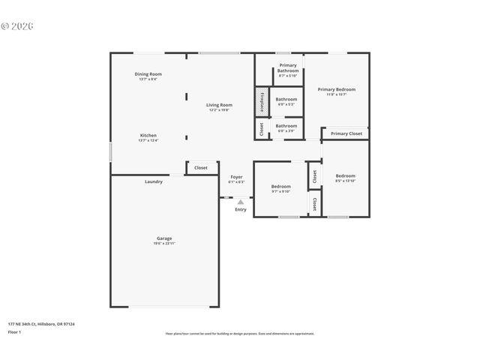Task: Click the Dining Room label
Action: pos(148,74)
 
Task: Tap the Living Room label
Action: pos(219,105)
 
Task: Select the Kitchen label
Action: pos(148,136)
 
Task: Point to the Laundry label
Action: pos(154,181)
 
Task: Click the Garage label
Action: pos(164,238)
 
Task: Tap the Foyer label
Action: pos(236,177)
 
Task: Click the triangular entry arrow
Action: pos(241,202)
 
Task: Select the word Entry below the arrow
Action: pos(241,209)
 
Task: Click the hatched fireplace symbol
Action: pos(262,102)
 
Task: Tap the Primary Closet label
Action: pos(346,133)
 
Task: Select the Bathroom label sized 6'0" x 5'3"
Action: pos(286,99)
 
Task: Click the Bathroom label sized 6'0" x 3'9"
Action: pos(286,126)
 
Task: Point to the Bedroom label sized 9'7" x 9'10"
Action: pos(280,186)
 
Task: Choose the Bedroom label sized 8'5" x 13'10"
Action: pos(345,175)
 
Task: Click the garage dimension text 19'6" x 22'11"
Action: pos(164,244)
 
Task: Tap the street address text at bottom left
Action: pos(41,324)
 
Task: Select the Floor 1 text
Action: pos(15,331)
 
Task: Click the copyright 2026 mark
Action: pos(17,26)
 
